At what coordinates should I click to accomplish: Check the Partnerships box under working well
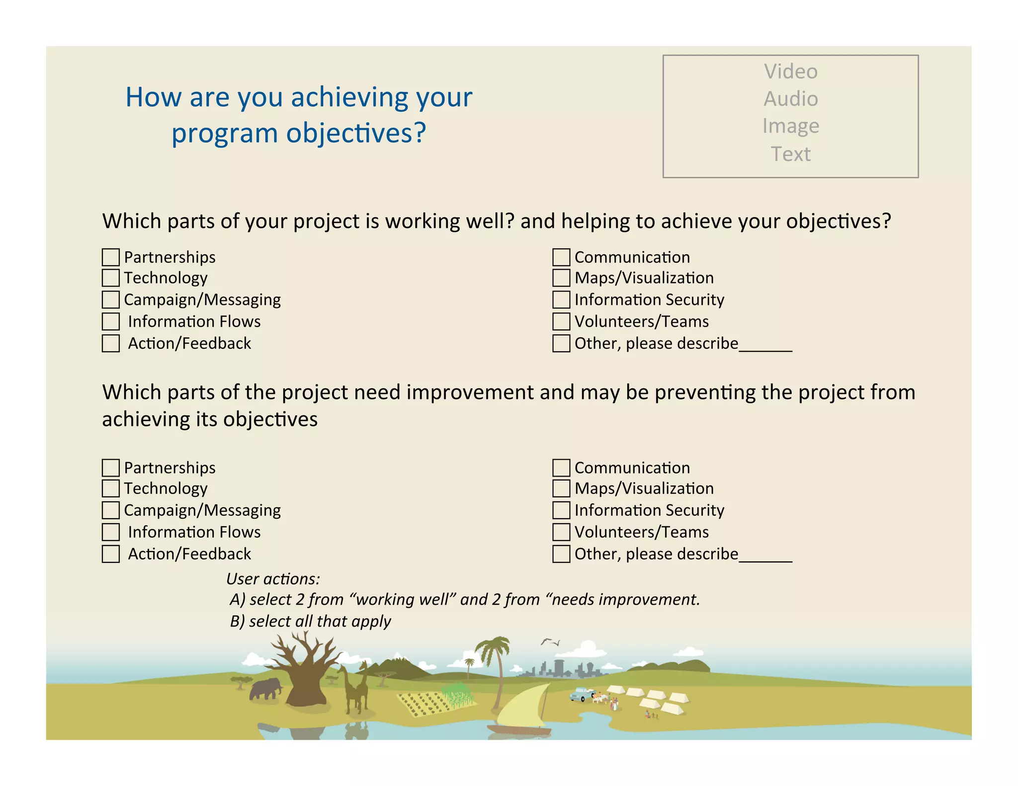(110, 257)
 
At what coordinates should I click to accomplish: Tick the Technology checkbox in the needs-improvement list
(110, 488)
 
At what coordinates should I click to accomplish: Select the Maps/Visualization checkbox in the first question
(561, 278)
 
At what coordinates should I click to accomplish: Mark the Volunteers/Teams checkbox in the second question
(561, 532)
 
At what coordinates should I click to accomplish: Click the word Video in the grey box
(790, 72)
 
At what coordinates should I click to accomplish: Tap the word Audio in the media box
(790, 99)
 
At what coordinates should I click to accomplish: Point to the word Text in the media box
(790, 154)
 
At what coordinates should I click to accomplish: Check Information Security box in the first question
(561, 300)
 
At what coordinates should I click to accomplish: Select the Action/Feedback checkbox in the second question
(110, 554)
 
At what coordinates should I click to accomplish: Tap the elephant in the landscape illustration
(265, 689)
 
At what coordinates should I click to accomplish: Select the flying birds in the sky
(550, 642)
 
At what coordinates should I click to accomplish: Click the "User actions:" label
(273, 579)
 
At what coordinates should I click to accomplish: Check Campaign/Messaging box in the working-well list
(110, 300)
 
